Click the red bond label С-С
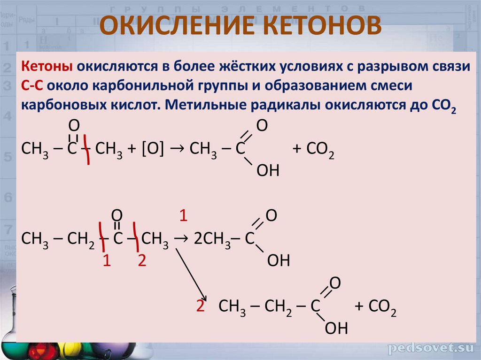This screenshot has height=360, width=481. tap(31, 86)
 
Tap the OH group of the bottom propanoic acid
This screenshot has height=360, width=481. tap(336, 328)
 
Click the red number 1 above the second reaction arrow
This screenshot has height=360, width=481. tap(184, 216)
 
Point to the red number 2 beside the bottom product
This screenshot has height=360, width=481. tap(201, 307)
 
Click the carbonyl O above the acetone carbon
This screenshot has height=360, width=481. tap(73, 125)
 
